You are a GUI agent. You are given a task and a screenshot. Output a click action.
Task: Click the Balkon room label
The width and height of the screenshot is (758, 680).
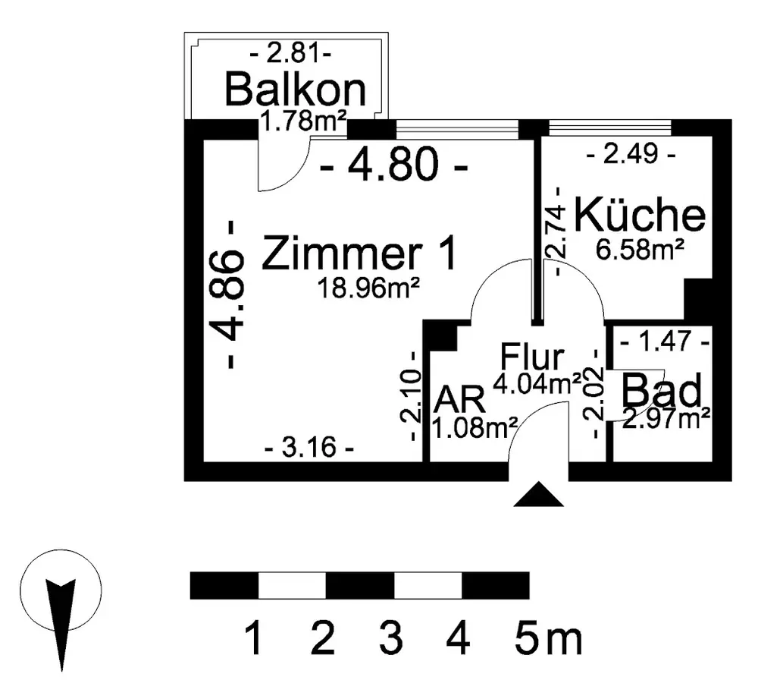(x=296, y=90)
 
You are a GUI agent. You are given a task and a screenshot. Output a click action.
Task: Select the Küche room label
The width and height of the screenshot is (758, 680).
(x=640, y=216)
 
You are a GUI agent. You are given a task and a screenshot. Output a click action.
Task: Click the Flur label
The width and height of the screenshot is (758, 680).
(x=533, y=357)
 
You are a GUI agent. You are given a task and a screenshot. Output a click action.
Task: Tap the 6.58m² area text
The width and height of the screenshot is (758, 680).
(x=641, y=249)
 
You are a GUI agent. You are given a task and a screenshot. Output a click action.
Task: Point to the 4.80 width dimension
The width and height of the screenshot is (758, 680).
(x=393, y=166)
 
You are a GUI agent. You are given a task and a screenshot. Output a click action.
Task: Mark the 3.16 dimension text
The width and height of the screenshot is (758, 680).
(x=309, y=448)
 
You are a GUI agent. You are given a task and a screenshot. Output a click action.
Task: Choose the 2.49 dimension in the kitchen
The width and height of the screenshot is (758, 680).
(x=631, y=157)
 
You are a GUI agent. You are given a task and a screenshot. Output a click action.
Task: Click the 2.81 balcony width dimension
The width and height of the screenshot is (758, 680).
(x=291, y=55)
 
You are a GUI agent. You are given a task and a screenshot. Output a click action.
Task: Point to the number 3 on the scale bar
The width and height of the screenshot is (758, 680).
(x=391, y=639)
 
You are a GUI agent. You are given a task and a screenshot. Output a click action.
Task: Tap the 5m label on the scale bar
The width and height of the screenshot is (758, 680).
(x=548, y=639)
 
